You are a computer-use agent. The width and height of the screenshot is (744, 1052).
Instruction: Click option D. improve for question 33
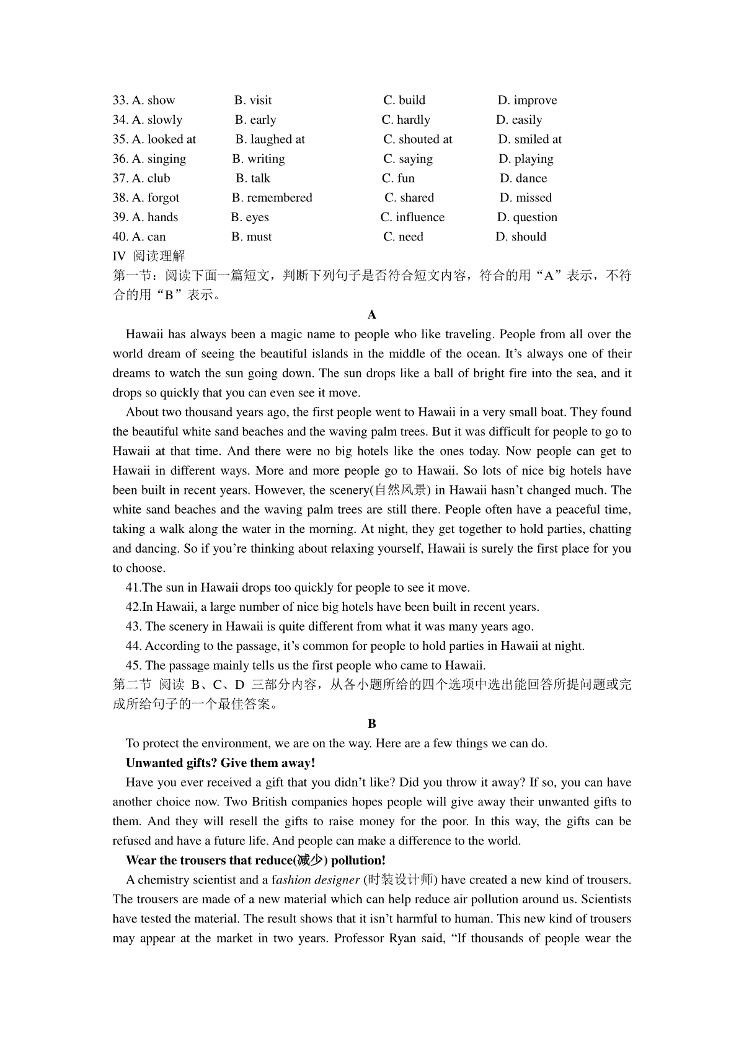(x=527, y=100)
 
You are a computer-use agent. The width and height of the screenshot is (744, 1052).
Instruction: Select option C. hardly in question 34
(x=405, y=120)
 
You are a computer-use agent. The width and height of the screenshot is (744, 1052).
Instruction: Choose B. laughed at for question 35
(x=270, y=139)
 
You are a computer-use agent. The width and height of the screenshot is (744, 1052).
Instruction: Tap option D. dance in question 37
(x=523, y=178)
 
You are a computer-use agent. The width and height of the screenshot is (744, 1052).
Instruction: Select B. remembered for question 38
(x=272, y=198)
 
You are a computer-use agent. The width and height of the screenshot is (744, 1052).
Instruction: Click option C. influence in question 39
(x=412, y=217)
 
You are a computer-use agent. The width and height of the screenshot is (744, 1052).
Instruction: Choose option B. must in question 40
(x=251, y=237)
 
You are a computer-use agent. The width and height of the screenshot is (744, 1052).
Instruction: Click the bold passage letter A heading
(x=372, y=315)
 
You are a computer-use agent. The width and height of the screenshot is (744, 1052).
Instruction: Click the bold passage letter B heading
(x=372, y=724)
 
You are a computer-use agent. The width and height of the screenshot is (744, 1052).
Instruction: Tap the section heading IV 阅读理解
(x=149, y=256)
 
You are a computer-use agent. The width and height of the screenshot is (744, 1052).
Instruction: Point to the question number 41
(x=133, y=587)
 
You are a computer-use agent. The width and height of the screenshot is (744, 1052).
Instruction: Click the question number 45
(x=133, y=665)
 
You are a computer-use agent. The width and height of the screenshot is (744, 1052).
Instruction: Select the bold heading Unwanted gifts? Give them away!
(x=220, y=763)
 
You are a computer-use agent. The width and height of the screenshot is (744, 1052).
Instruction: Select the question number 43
(x=133, y=626)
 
